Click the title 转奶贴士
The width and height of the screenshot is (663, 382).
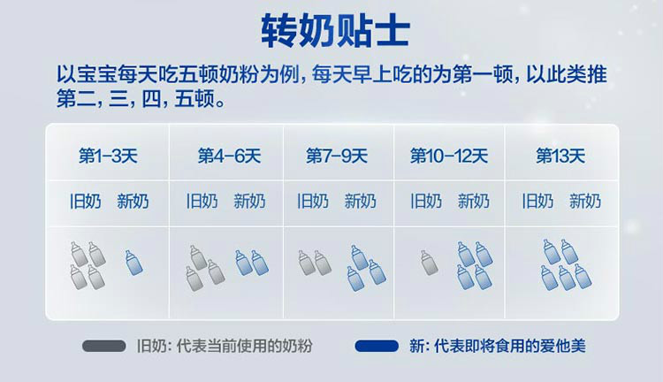pyautogui.click(x=335, y=30)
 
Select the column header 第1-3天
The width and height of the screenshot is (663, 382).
pyautogui.click(x=108, y=156)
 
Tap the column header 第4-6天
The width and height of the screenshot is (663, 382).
pyautogui.click(x=229, y=156)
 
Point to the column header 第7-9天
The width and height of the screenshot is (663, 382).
pyautogui.click(x=337, y=156)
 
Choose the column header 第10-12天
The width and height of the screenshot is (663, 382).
pyautogui.click(x=449, y=156)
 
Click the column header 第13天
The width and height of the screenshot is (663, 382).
pyautogui.click(x=560, y=156)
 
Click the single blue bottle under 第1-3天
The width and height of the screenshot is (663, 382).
pyautogui.click(x=134, y=263)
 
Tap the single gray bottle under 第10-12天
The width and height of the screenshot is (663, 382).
pyautogui.click(x=429, y=263)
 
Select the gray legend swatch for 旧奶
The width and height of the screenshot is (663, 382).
pyautogui.click(x=104, y=346)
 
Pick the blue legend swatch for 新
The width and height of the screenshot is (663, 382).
pyautogui.click(x=377, y=346)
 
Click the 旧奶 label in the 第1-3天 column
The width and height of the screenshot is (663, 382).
pyautogui.click(x=86, y=201)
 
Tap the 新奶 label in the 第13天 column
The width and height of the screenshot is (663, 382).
pyautogui.click(x=585, y=201)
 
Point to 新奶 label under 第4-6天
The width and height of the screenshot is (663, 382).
pyautogui.click(x=249, y=201)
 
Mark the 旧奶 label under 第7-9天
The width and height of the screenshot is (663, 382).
pyautogui.click(x=313, y=201)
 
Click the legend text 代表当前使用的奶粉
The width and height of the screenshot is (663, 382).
pyautogui.click(x=244, y=346)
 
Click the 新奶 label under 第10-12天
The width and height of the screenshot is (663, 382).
pyautogui.click(x=474, y=201)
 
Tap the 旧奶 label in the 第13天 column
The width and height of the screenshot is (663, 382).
pyautogui.click(x=537, y=201)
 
